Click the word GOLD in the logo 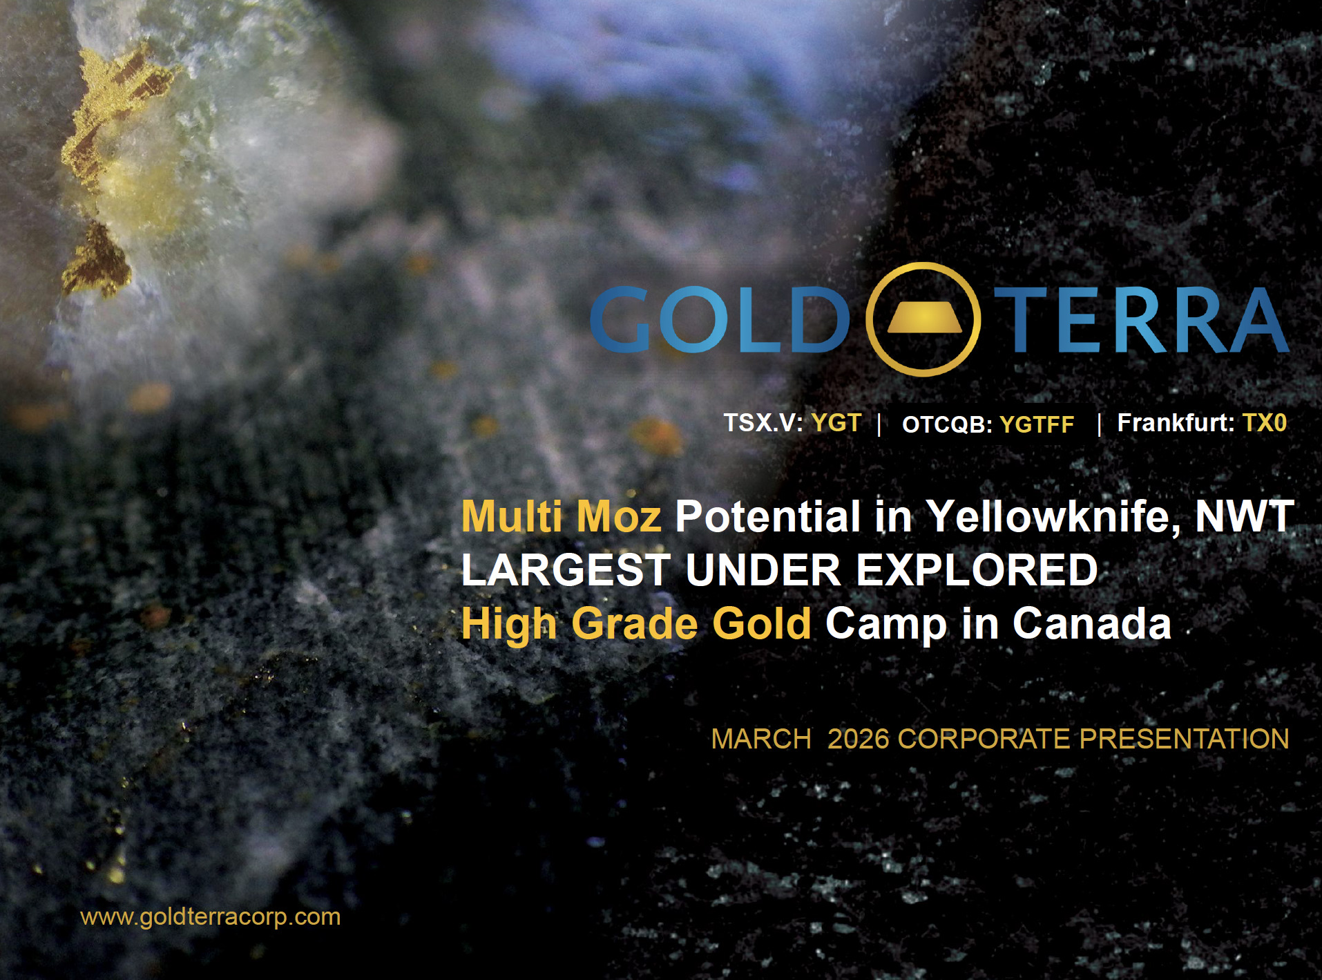pos(720,320)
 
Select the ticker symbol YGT pos(836,422)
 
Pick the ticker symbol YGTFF pos(1037,424)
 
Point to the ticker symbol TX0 pos(1265,422)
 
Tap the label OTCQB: pos(947,424)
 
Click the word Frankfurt pos(1172,422)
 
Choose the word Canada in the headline pos(1092,623)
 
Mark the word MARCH pos(761,739)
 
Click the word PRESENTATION pos(1184,739)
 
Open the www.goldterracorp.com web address pos(211,917)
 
